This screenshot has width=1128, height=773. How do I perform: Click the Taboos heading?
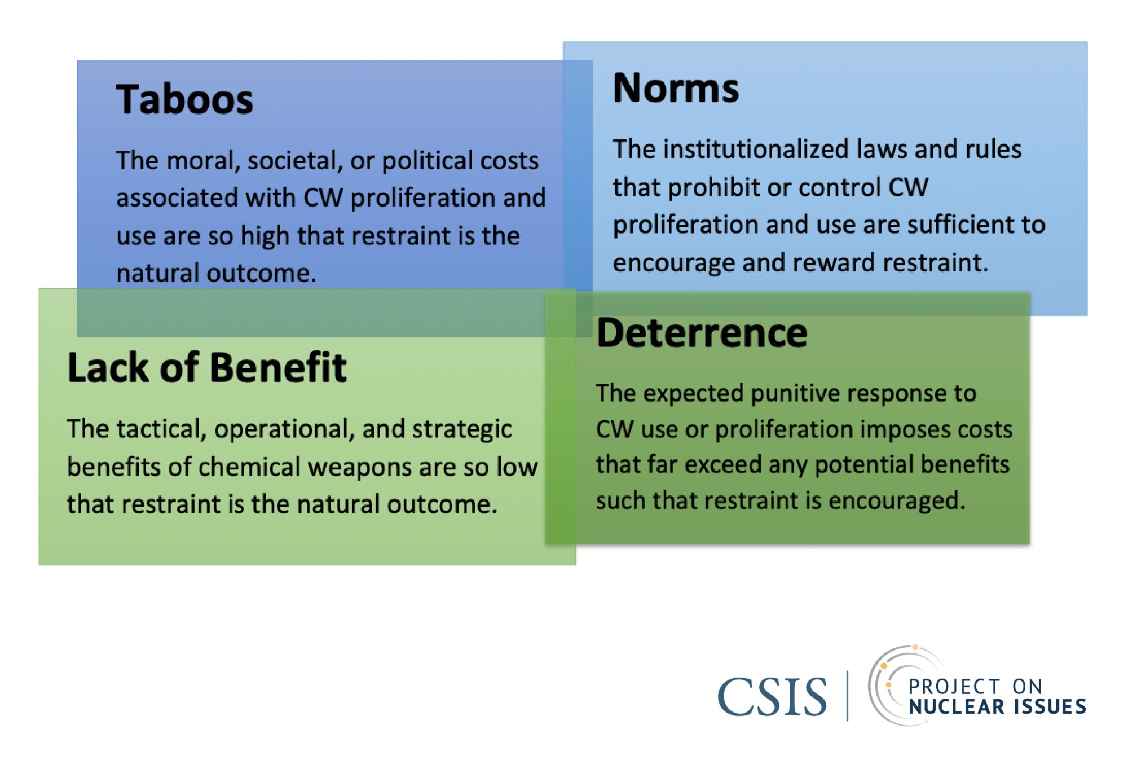coord(184,99)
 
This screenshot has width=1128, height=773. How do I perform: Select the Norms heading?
coord(676,89)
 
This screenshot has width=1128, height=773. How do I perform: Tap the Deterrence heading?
coord(702,333)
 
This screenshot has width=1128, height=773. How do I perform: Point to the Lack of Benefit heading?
coord(207,367)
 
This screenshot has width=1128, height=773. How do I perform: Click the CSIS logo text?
coord(772,697)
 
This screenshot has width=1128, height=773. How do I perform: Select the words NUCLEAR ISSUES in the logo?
coord(997,706)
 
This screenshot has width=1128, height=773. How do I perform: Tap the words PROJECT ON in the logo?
coord(975,687)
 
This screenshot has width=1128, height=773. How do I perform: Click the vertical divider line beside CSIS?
coord(847,696)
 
